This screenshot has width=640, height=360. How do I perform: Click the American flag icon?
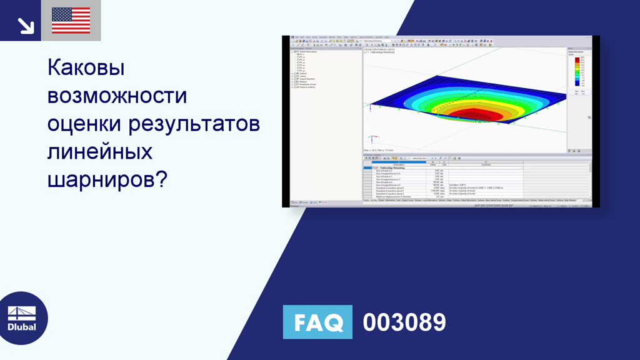click(x=71, y=21)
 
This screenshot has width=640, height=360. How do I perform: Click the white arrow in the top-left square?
click(x=26, y=24)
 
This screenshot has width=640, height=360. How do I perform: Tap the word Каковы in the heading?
click(x=86, y=67)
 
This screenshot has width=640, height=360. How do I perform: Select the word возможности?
click(x=117, y=96)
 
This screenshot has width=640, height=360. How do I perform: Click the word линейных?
click(x=100, y=152)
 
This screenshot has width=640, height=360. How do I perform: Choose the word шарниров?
click(x=100, y=180)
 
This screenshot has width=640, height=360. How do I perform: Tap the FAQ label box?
click(x=317, y=322)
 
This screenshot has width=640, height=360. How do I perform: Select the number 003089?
click(x=404, y=322)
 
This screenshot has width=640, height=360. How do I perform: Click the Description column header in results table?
click(x=398, y=165)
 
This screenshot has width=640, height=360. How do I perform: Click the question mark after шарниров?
click(x=161, y=180)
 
